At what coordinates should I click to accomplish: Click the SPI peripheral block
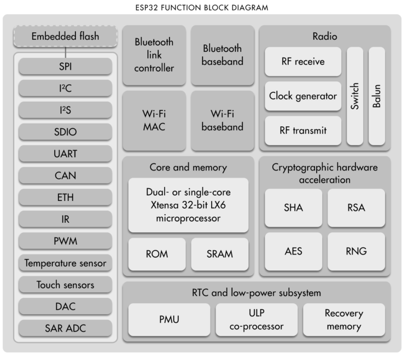point(65,67)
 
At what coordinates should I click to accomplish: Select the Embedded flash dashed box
point(65,37)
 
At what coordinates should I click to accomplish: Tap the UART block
point(65,154)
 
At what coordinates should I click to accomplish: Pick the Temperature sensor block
point(65,263)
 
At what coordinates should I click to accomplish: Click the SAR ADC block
point(65,328)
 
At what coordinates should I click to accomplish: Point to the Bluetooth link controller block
point(154,55)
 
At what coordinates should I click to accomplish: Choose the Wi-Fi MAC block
point(154,120)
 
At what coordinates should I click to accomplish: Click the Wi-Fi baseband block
point(222,120)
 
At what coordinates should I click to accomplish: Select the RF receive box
point(303,62)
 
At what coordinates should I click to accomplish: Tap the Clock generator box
point(303,96)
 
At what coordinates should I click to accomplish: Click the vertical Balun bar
point(377,96)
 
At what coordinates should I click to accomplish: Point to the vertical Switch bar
point(355,96)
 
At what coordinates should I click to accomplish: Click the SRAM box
point(220,254)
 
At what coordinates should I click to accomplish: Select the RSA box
point(355,208)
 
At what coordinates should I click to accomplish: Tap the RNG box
point(355,251)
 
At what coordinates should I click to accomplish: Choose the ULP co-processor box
point(256,320)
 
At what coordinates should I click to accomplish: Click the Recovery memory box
point(344,320)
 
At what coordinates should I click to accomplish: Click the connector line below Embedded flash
point(65,51)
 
